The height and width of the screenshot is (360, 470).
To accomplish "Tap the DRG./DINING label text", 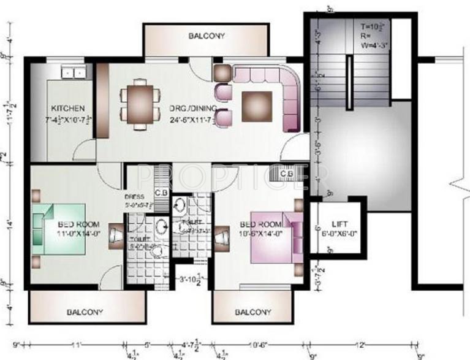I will [x=191, y=109].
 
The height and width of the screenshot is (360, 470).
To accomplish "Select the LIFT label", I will [x=339, y=225].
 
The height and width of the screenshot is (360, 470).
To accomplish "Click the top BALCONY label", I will [x=207, y=36].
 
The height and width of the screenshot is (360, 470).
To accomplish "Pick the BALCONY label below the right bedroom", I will [x=253, y=312].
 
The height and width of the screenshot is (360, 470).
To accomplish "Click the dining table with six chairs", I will [x=140, y=102].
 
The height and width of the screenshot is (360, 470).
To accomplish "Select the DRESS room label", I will [x=134, y=197].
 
